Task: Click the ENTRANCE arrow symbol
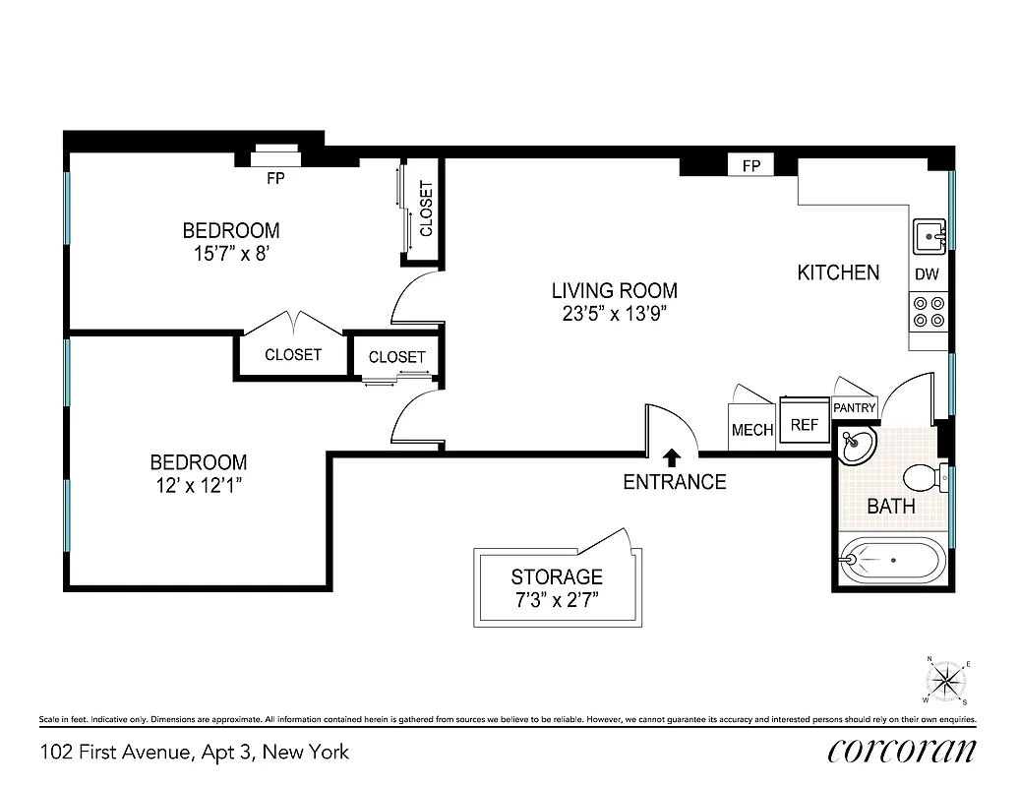coord(672,456)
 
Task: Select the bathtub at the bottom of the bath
coord(892,559)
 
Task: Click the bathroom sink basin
coord(856,447)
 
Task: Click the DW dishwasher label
coord(927,275)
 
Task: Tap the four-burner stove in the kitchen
coord(929,312)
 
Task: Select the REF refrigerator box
coord(804,423)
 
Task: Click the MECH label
coord(752,430)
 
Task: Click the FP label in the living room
coord(751,166)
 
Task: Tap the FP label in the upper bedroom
coord(276,180)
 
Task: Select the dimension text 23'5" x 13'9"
coord(614,316)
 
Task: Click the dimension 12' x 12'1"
coord(198,487)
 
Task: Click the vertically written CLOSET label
coord(426,210)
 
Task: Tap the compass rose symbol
coord(945,680)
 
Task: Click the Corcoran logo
coord(901,752)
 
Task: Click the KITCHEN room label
coord(837,272)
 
